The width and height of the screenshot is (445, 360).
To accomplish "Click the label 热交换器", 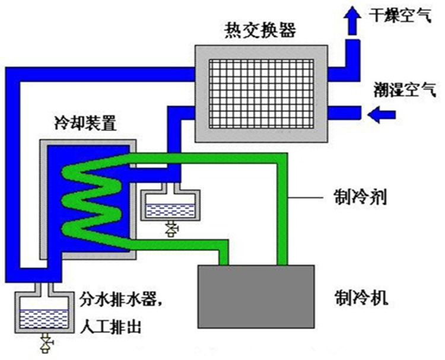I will pyautogui.click(x=260, y=29).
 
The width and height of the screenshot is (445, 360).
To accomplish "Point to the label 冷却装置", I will pyautogui.click(x=82, y=125).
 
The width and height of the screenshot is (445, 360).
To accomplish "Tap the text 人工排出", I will pyautogui.click(x=111, y=326).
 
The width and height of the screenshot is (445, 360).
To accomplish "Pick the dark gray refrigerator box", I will pyautogui.click(x=256, y=295).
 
